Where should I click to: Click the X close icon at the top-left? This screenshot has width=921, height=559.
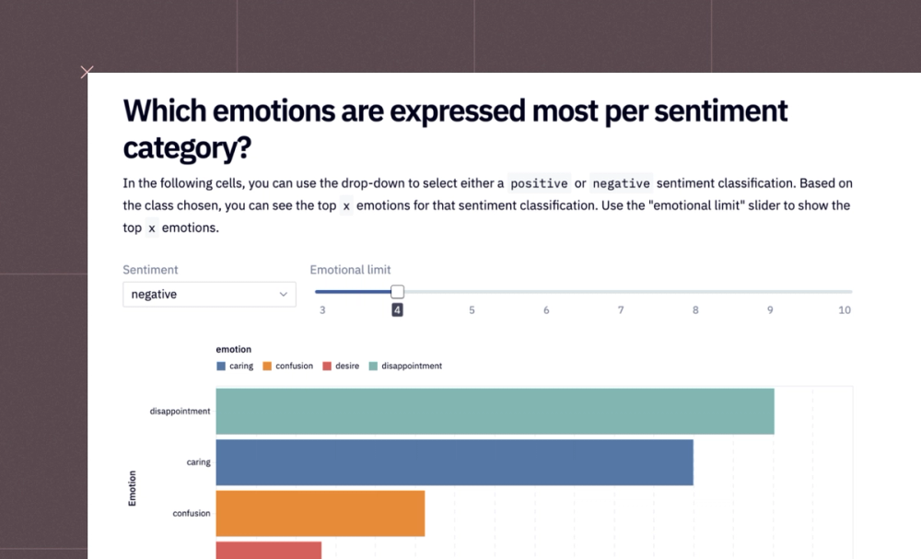87,72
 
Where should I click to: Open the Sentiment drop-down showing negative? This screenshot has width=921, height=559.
209,295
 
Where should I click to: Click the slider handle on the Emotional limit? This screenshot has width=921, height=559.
397,292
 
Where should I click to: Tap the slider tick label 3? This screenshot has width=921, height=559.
322,310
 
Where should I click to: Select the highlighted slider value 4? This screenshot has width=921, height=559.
397,310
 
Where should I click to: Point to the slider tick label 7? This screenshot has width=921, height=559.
621,310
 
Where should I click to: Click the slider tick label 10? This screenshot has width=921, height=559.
845,310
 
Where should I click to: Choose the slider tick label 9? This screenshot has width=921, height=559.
770,310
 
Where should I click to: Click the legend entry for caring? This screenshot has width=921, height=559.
235,367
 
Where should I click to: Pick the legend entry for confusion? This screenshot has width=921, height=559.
287,367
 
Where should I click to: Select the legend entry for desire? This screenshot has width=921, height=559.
341,367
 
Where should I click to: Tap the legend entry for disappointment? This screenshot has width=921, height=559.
405,367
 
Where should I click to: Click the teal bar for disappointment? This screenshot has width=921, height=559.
495,411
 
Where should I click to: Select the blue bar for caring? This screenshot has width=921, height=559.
454,462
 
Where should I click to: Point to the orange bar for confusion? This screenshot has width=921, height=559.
321,513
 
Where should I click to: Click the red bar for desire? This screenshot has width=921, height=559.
269,550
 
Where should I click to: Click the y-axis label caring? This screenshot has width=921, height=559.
198,462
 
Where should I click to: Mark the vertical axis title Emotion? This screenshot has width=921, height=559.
132,488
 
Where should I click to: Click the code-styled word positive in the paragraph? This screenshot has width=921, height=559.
539,183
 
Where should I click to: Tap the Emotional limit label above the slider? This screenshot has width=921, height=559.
350,270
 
